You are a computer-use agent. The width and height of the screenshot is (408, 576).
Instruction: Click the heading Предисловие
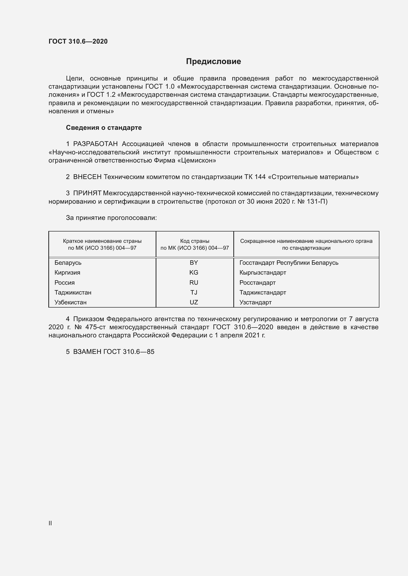(213, 62)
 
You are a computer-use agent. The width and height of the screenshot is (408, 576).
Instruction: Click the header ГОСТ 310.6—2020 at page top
(78, 41)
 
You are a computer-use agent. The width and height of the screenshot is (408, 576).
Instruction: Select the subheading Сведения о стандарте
(104, 128)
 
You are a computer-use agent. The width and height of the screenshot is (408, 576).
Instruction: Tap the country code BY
(194, 263)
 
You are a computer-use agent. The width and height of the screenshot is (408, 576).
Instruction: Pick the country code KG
(194, 272)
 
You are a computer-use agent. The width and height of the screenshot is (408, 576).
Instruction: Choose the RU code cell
(194, 282)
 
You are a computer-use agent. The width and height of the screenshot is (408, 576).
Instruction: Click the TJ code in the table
(194, 292)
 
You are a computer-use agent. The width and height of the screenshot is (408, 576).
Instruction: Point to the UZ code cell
(194, 302)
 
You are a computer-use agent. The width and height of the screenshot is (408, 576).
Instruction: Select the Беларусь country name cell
(68, 263)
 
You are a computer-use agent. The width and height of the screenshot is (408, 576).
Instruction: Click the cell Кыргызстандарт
(263, 272)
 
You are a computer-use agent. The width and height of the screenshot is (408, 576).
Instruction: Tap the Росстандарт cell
(258, 282)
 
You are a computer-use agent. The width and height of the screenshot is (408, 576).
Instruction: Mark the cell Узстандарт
(256, 302)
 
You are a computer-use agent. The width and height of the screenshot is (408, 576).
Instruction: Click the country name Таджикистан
(73, 292)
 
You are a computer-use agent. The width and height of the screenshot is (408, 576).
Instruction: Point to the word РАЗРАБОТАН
(95, 144)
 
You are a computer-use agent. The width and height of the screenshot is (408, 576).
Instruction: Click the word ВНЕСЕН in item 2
(87, 177)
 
